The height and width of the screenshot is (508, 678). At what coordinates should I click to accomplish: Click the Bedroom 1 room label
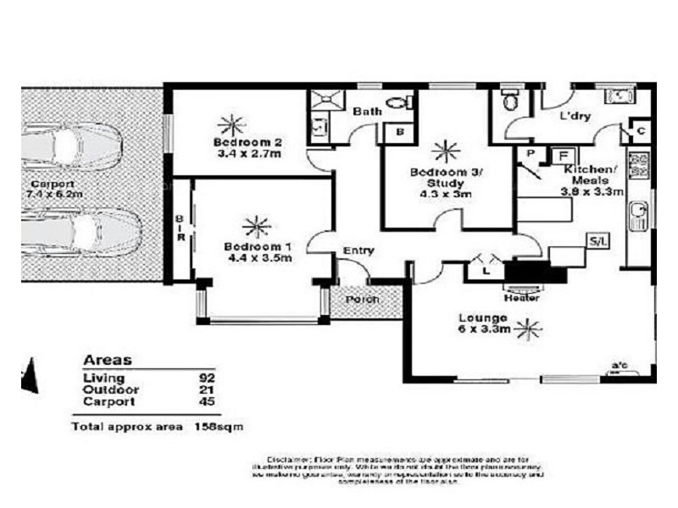[258, 246]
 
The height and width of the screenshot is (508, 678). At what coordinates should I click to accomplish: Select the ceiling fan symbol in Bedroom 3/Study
[442, 151]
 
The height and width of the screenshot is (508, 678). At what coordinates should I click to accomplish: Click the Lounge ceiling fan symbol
[529, 327]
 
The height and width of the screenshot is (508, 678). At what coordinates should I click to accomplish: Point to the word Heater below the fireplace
[517, 297]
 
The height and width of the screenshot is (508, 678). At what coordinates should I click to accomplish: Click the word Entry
[358, 251]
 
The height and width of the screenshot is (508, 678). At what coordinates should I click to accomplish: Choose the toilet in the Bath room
[397, 103]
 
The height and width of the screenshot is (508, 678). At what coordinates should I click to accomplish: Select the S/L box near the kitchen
[597, 242]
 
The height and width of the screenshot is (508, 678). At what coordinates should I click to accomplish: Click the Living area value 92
[207, 378]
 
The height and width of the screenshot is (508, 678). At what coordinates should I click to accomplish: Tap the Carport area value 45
[207, 401]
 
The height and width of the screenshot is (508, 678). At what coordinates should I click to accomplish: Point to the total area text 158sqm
[219, 427]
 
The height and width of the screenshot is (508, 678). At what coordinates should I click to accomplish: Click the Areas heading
[107, 360]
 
